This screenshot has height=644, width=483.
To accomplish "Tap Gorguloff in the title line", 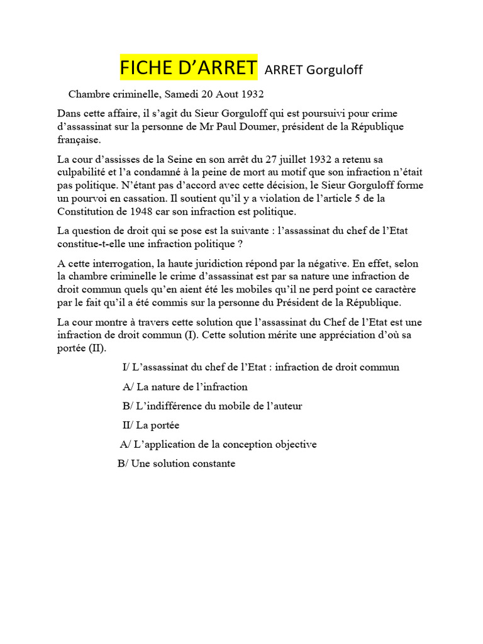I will click(334, 70).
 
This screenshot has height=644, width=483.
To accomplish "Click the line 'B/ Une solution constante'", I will click(176, 464).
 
